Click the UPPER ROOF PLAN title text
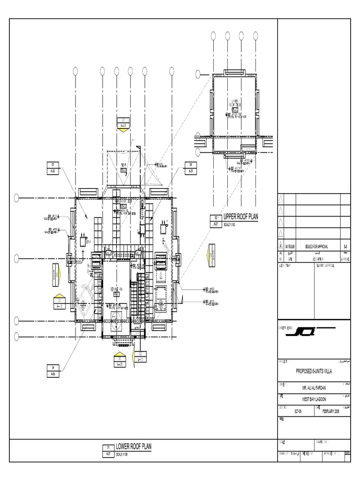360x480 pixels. [240, 216]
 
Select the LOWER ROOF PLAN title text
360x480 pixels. [134, 446]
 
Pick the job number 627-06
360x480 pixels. [297, 411]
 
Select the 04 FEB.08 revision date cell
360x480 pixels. [291, 246]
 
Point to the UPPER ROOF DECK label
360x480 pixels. [234, 104]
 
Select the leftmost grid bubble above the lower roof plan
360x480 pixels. [75, 71]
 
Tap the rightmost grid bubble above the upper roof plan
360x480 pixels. [255, 35]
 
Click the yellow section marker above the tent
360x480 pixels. [123, 130]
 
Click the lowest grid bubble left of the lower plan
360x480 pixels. [17, 335]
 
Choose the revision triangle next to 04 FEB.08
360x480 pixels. [281, 246]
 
